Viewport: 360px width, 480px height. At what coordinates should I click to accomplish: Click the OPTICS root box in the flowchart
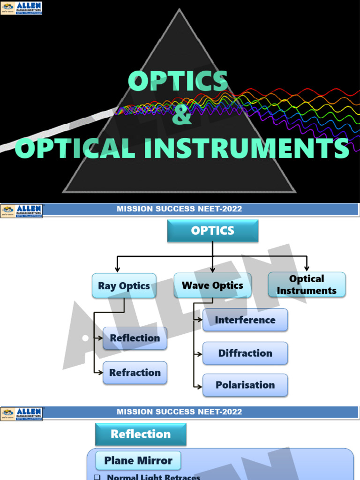(212, 231)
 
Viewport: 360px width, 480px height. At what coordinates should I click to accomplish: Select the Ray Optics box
(124, 286)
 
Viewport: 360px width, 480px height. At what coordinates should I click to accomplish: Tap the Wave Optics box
(212, 285)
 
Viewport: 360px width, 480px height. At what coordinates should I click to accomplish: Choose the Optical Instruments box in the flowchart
(307, 285)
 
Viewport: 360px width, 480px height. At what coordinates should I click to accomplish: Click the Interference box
(245, 320)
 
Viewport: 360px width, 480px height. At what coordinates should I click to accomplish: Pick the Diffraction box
(245, 353)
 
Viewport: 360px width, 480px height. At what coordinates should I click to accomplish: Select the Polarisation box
(245, 385)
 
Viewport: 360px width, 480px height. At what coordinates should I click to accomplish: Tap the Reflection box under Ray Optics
(135, 338)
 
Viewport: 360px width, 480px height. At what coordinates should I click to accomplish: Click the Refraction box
(135, 373)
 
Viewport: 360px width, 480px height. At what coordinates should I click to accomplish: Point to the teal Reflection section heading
(141, 434)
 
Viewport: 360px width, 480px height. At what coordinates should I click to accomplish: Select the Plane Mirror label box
(138, 461)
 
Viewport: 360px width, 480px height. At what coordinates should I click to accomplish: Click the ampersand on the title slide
(182, 116)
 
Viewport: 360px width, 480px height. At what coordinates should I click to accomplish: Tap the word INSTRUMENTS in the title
(247, 149)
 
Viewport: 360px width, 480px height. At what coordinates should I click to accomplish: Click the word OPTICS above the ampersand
(178, 82)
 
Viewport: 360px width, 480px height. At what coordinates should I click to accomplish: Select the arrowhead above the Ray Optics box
(117, 270)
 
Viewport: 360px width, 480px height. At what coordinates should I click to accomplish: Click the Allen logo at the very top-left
(21, 7)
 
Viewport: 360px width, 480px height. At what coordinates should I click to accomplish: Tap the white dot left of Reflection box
(85, 338)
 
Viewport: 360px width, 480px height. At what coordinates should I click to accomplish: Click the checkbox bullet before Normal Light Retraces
(97, 477)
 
